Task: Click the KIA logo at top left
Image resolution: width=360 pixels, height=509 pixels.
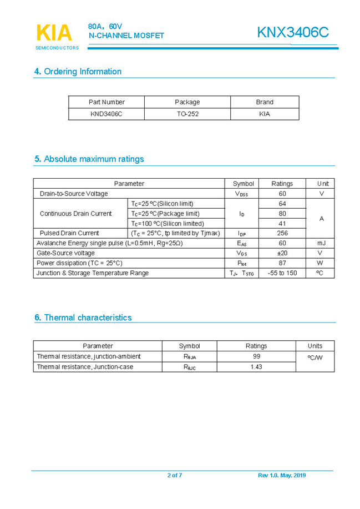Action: coord(54,34)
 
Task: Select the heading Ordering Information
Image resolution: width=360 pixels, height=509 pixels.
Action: coord(78,72)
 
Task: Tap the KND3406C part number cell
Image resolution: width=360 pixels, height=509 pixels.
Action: coord(107,114)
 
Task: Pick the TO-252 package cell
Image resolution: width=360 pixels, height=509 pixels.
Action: coord(187,114)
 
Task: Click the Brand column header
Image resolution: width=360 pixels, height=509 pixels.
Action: coord(265,102)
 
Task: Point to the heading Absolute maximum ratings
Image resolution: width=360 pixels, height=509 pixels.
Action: coord(89,159)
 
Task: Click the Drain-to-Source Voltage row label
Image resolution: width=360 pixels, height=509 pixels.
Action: coord(74,194)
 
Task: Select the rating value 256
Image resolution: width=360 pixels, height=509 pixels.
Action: coord(282,233)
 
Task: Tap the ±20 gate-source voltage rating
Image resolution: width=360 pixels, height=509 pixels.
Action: coord(282,253)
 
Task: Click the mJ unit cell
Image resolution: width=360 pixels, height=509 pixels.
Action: coord(322,243)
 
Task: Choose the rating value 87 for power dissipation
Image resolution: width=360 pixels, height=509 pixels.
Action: coord(282,263)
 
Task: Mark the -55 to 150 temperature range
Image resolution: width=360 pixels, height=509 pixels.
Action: coord(282,273)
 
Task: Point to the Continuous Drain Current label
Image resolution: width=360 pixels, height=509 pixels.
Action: coord(75,214)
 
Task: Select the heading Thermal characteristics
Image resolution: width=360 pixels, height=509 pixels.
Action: coord(83,318)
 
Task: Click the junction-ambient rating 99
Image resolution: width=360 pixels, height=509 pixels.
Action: coord(256,356)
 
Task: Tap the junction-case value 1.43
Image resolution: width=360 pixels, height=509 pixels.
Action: coord(256,367)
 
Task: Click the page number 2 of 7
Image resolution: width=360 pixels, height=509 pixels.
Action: coord(175,476)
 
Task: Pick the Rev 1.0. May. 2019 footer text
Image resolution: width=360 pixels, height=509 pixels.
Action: coord(282,476)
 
